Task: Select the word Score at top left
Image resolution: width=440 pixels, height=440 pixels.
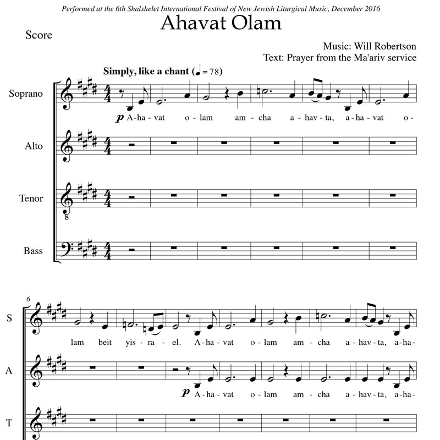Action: click(x=38, y=35)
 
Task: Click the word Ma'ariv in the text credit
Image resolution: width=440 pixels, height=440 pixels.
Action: click(x=366, y=57)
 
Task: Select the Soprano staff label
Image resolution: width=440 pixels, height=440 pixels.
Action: click(x=25, y=94)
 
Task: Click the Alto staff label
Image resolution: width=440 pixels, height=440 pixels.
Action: click(x=33, y=146)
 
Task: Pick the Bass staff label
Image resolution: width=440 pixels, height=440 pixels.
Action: click(x=33, y=251)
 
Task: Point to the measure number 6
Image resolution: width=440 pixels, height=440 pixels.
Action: click(x=28, y=299)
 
